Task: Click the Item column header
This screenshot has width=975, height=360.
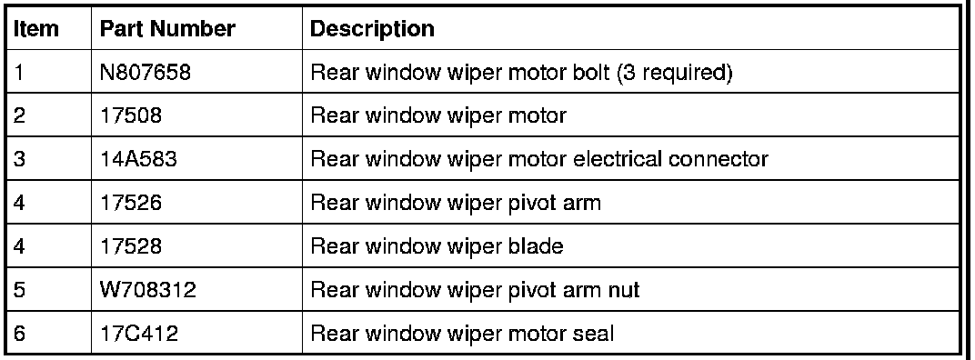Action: pos(36,28)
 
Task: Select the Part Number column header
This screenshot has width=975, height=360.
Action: pos(167,28)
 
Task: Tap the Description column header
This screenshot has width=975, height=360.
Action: pos(372,29)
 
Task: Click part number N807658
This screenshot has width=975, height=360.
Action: pos(146,73)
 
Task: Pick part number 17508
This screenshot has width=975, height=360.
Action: pos(131,115)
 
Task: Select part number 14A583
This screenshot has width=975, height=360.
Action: pos(138,159)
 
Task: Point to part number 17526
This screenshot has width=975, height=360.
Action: pos(131,203)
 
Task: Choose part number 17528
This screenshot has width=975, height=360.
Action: pos(131,246)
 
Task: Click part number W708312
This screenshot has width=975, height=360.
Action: pos(148,290)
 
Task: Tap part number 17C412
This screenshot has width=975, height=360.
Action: pos(139,334)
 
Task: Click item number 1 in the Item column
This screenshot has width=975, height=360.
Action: pos(18,73)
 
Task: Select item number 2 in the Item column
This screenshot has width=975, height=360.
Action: pos(19,115)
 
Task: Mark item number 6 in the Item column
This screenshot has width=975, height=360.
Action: pos(19,334)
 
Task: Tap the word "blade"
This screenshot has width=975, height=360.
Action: pos(531,246)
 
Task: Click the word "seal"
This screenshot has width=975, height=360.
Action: pos(590,334)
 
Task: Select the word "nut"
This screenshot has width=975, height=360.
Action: pos(622,291)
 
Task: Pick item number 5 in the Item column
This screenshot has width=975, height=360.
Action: pos(19,290)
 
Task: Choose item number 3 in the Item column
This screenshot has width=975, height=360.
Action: pos(19,159)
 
